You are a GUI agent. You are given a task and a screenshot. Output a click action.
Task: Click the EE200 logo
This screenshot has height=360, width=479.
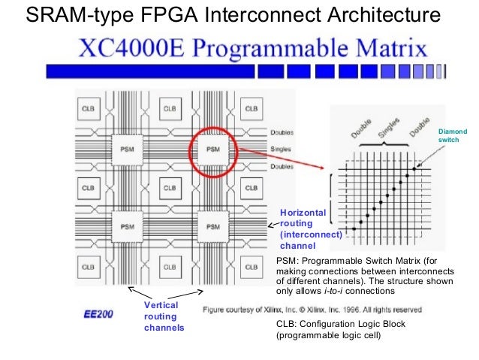[x=98, y=313]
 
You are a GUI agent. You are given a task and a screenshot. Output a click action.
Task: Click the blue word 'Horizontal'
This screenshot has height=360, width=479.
[x=303, y=213]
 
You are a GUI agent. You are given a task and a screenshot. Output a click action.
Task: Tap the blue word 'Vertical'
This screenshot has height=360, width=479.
[x=161, y=305]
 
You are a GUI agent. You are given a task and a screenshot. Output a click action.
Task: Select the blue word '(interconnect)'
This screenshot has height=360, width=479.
[x=310, y=234]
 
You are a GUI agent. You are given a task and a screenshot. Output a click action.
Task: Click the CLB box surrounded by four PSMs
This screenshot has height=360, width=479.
[x=169, y=187]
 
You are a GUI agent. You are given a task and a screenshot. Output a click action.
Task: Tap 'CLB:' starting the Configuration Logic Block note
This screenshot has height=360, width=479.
[x=288, y=325]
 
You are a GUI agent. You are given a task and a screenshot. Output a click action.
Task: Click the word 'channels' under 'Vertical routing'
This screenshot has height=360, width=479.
[x=164, y=328]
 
